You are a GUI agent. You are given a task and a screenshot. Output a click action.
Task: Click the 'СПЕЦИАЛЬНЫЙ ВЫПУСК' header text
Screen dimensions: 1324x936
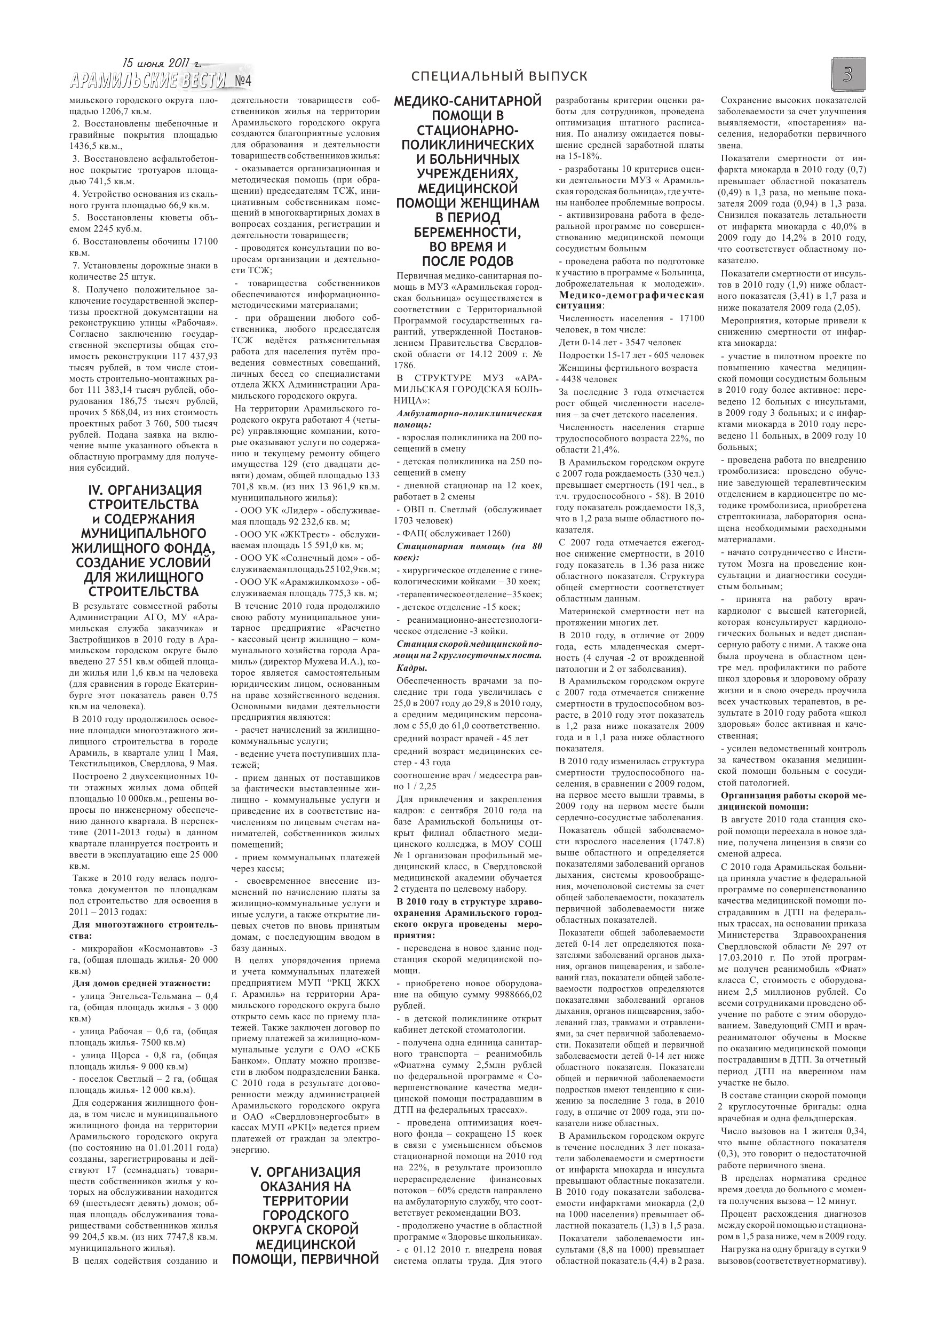(x=500, y=76)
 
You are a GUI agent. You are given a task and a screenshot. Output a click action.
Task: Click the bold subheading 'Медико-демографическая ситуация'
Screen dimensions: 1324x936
(x=630, y=300)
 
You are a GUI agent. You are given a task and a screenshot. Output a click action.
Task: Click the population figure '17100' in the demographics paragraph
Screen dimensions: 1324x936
(x=692, y=318)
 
